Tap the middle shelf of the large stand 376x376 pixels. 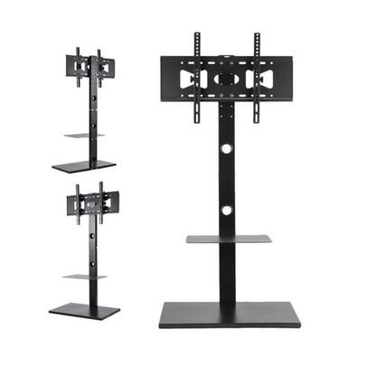click(229, 240)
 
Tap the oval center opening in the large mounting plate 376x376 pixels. click(228, 80)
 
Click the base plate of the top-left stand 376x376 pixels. click(83, 166)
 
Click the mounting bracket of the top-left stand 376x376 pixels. click(89, 67)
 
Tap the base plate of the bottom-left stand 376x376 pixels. click(83, 310)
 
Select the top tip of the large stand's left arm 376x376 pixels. click(198, 35)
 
